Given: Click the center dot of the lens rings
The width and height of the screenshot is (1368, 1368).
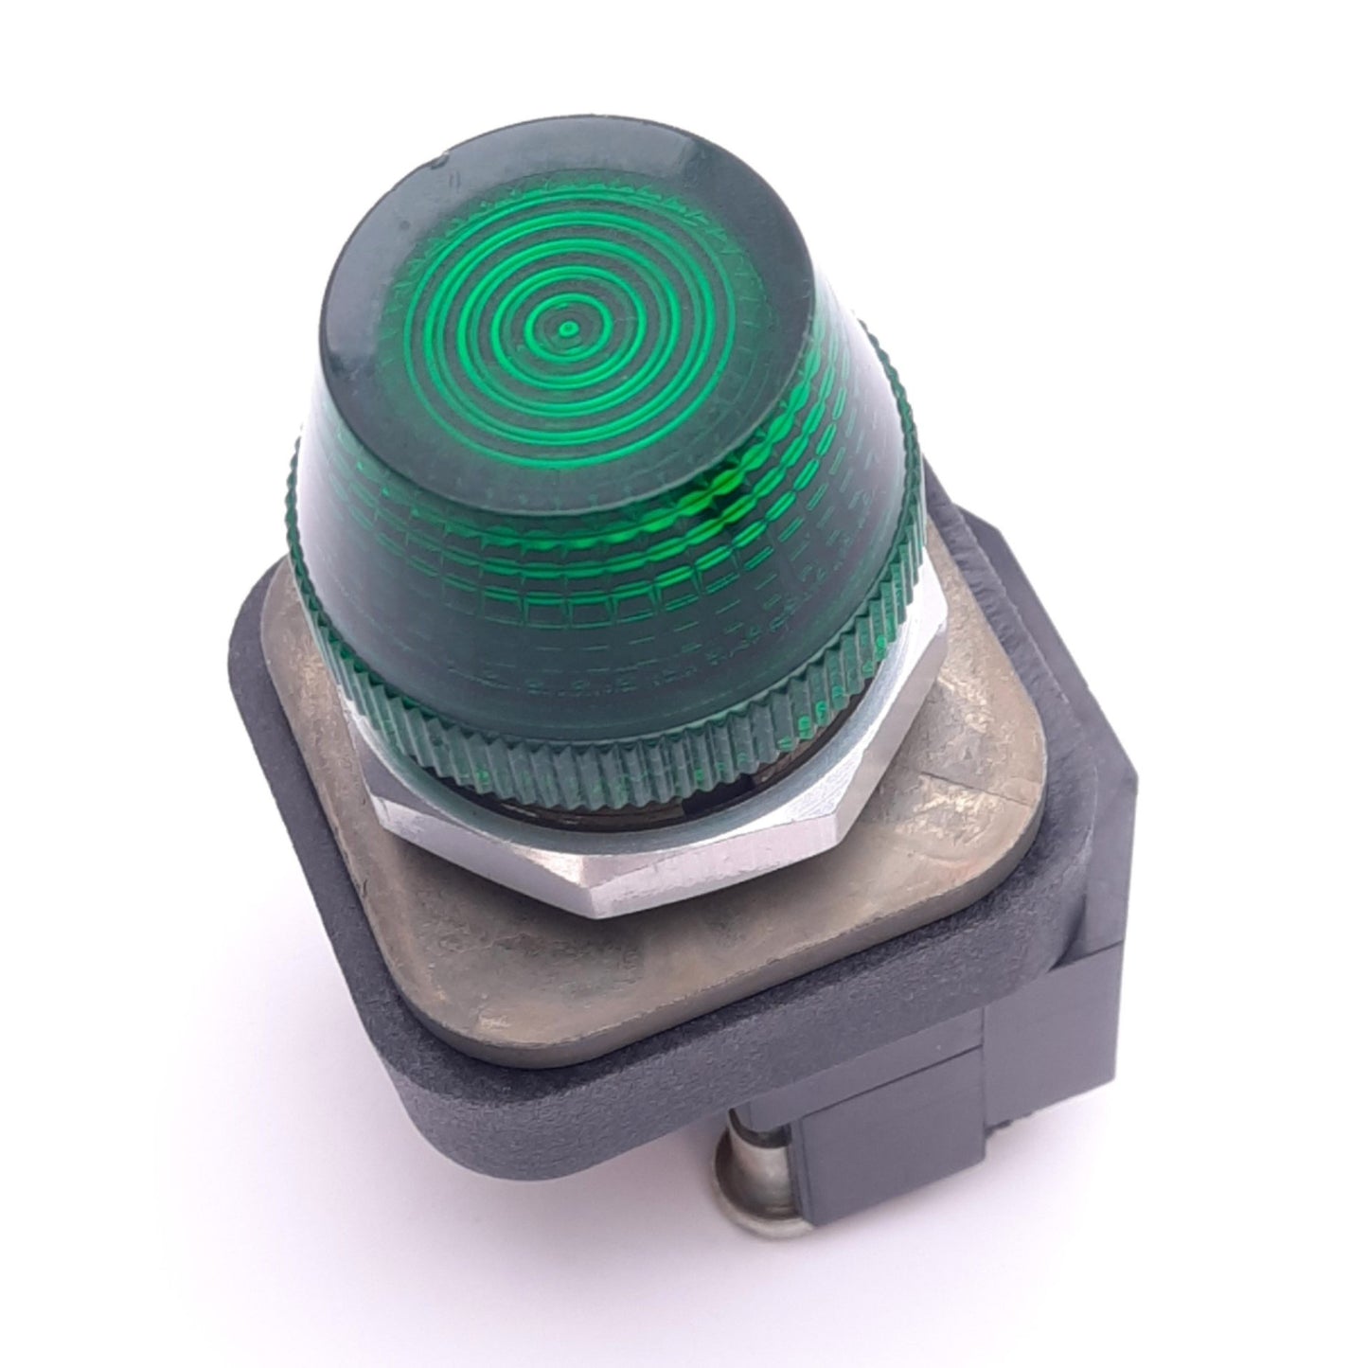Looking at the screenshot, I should pyautogui.click(x=568, y=329).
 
